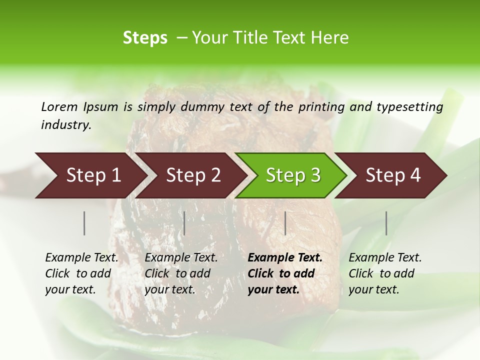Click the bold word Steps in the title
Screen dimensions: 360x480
tap(145, 38)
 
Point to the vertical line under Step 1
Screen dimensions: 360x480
tap(84, 223)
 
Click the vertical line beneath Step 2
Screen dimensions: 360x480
tap(184, 223)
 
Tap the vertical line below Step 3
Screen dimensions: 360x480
tap(285, 223)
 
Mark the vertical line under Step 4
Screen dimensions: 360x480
tap(386, 223)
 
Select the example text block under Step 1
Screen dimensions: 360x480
tap(81, 273)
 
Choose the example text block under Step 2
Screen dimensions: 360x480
tap(181, 273)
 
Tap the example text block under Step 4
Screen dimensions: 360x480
tap(385, 273)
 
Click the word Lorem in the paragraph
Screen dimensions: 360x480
tap(59, 107)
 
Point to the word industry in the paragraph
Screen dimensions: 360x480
tap(65, 125)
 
